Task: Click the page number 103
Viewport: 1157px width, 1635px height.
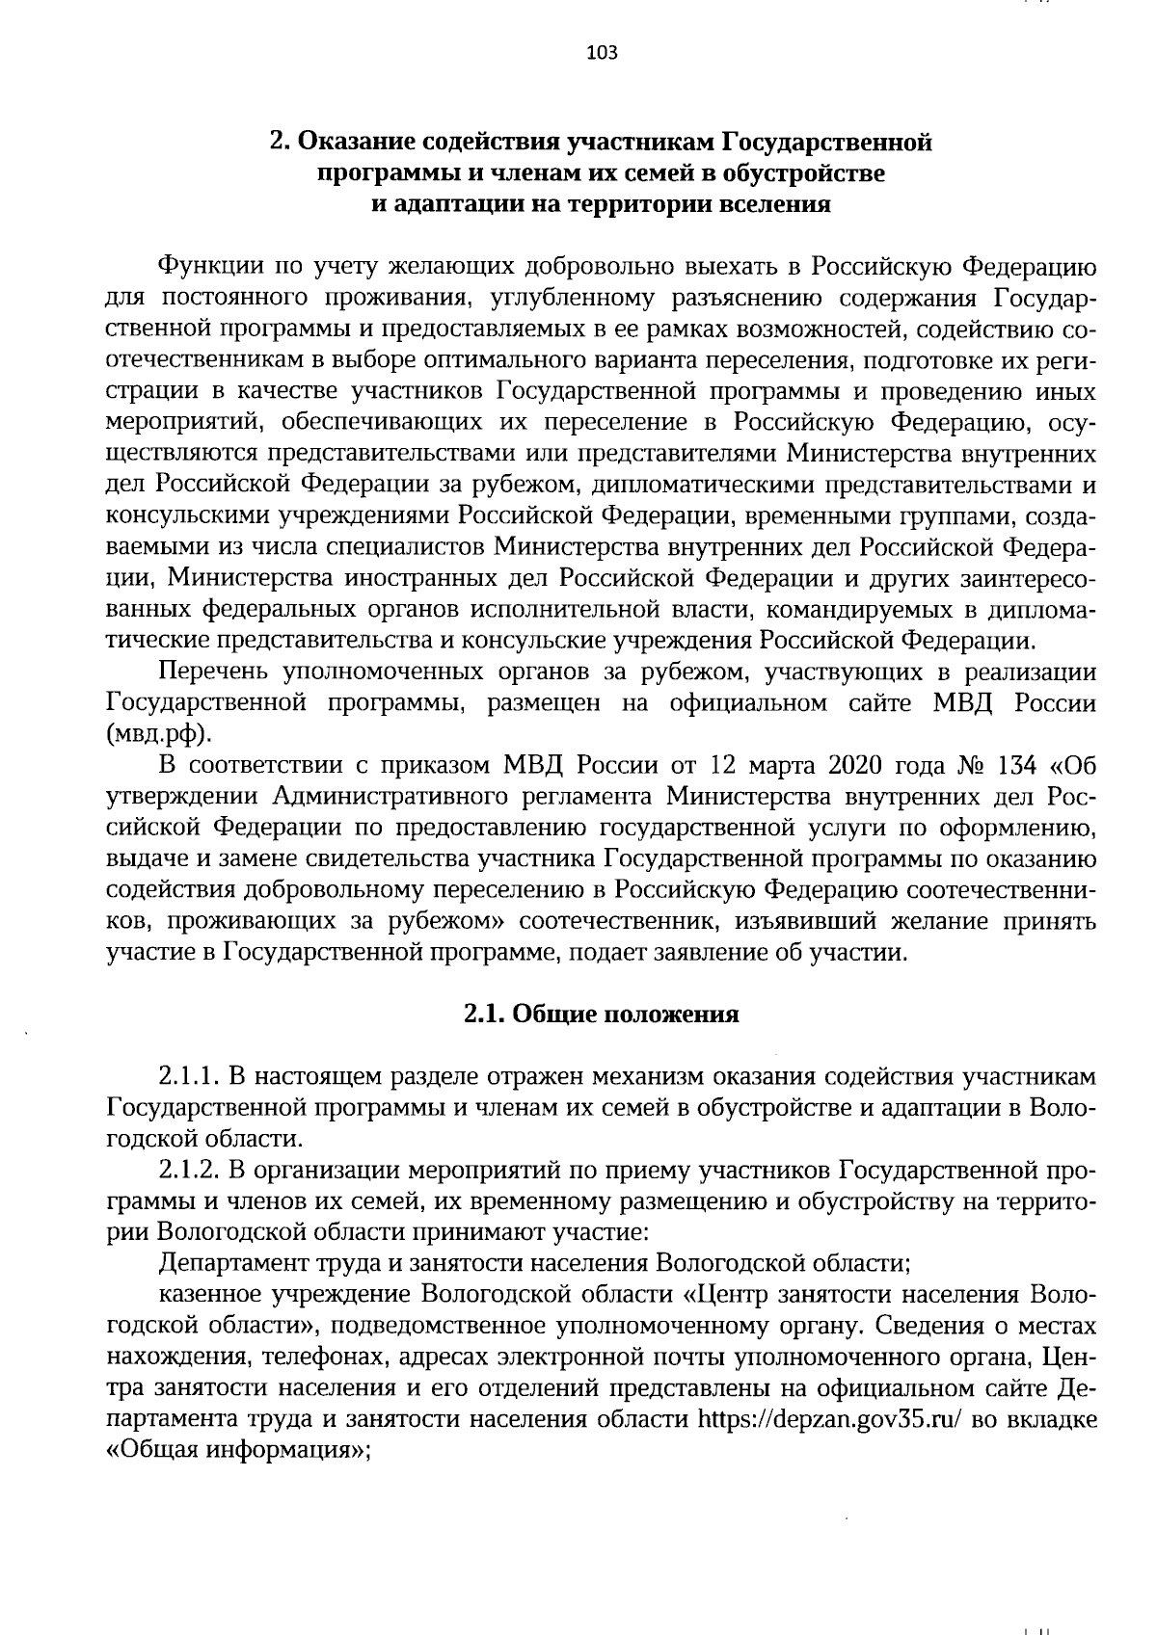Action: coord(602,53)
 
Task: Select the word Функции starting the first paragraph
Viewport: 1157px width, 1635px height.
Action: coord(205,267)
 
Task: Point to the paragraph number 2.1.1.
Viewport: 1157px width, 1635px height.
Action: coord(188,1074)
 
